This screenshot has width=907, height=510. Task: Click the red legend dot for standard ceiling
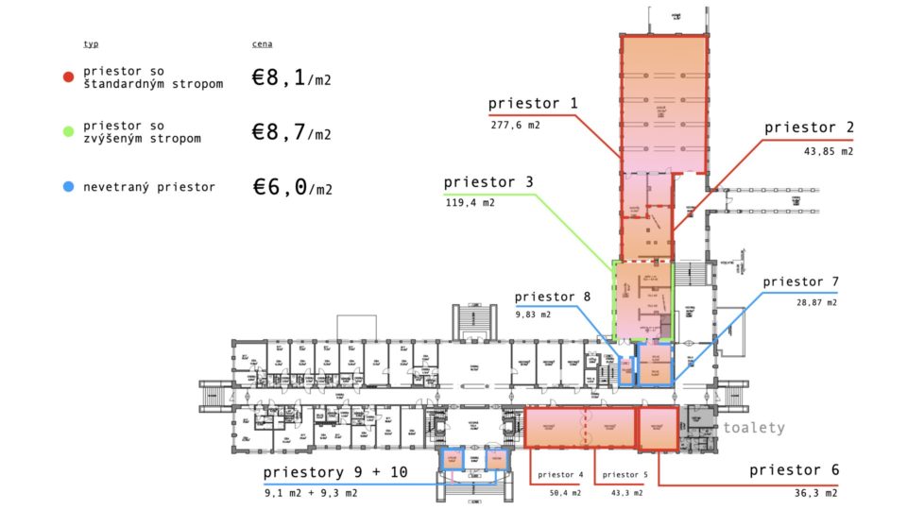(68, 77)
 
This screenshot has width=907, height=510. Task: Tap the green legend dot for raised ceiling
(68, 132)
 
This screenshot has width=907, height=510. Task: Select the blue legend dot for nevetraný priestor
(68, 187)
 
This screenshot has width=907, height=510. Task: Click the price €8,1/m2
(291, 78)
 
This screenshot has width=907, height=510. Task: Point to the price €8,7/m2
(291, 133)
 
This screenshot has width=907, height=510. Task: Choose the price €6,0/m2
(291, 187)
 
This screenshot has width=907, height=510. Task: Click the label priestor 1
(533, 103)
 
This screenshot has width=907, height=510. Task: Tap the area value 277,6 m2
(515, 125)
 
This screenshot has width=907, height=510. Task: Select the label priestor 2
(808, 127)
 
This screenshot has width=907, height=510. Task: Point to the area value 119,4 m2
(470, 202)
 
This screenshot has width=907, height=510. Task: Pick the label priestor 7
(800, 281)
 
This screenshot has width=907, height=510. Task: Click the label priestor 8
(553, 296)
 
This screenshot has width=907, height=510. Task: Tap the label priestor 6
(794, 470)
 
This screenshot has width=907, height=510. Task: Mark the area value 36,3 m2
(814, 492)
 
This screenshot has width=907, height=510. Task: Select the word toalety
(754, 428)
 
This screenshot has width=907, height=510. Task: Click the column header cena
(262, 44)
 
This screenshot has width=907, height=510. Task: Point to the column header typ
(91, 44)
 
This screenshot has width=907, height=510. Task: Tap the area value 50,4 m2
(562, 492)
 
